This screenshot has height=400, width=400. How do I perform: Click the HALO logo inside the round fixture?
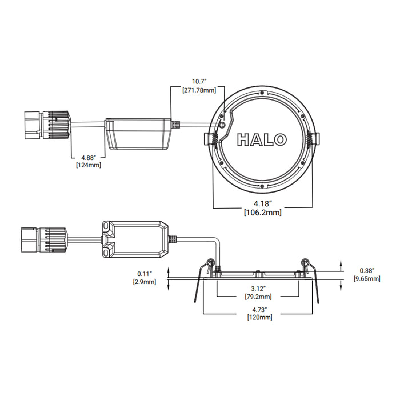[x=262, y=138]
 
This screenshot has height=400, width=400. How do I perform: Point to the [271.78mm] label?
[x=198, y=91]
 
